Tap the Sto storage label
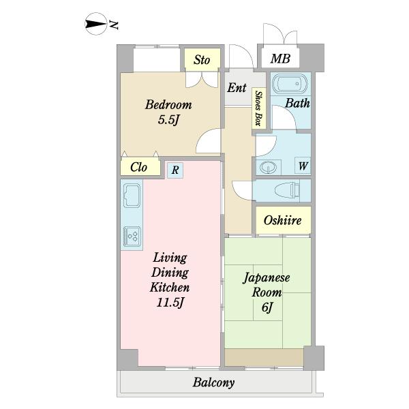(x=202, y=60)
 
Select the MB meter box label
(x=280, y=59)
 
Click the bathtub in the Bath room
(x=290, y=84)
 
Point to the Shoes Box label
(x=258, y=108)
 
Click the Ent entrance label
(x=237, y=88)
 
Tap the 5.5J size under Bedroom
(x=168, y=120)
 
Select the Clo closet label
(x=139, y=167)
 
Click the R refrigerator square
(x=175, y=170)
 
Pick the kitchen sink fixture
(x=132, y=194)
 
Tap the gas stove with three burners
(x=132, y=236)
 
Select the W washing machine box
(x=303, y=166)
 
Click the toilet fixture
(x=287, y=190)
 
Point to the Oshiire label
(x=283, y=220)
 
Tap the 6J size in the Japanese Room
(x=267, y=307)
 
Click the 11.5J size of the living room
(x=170, y=303)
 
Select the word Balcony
(x=213, y=382)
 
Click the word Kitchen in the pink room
(x=170, y=287)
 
